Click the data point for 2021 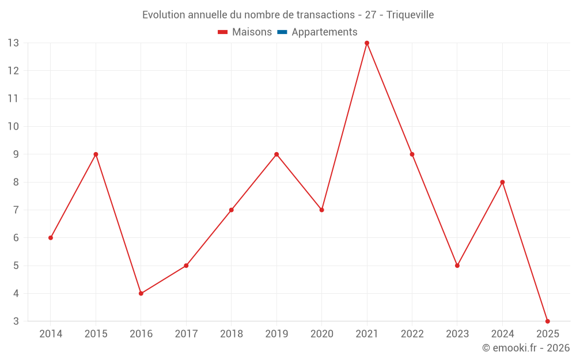point(367,43)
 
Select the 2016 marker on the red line point(141,293)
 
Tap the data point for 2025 point(547,321)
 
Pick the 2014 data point point(51,238)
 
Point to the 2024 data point point(502,182)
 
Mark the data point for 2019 point(276,154)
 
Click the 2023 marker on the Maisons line point(457,266)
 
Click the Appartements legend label point(324,32)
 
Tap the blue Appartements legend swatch point(282,32)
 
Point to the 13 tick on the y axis point(13,43)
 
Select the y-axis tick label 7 point(16,210)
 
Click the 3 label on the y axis point(16,321)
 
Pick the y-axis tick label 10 point(13,127)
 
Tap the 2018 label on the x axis point(232,334)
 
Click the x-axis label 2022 point(412,334)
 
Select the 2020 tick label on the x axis point(321,334)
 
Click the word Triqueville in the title point(410,14)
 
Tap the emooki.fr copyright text point(526,348)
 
